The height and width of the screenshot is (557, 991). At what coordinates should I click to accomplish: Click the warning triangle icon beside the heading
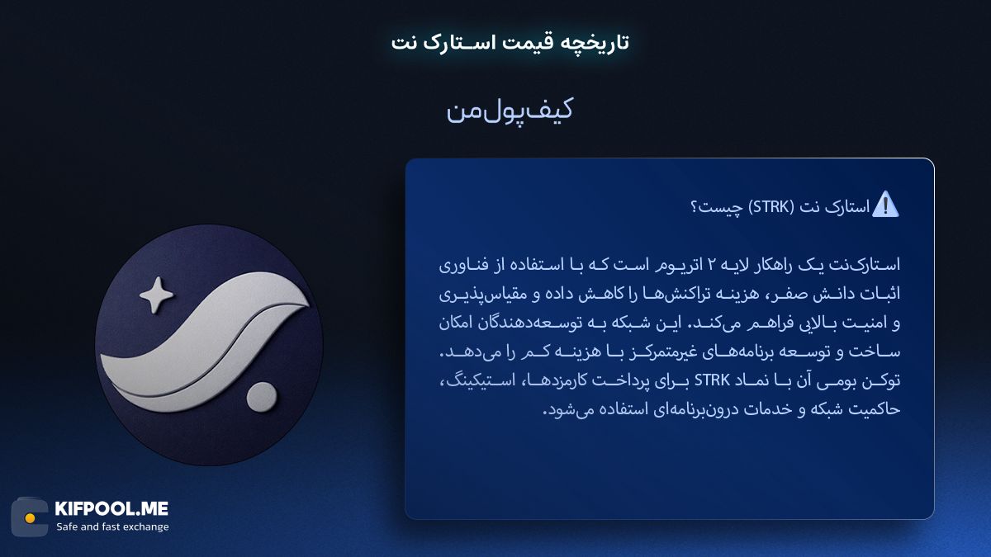[885, 204]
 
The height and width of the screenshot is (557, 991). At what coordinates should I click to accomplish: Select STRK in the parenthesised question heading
[773, 206]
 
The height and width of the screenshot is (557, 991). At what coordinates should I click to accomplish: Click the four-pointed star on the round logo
[157, 295]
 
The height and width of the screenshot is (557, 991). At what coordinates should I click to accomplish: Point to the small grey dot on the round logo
[263, 398]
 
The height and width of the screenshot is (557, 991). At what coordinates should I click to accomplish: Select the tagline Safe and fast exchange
[112, 526]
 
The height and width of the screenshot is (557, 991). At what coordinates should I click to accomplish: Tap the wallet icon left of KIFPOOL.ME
[30, 517]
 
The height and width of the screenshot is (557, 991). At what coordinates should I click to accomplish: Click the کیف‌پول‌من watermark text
[510, 111]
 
